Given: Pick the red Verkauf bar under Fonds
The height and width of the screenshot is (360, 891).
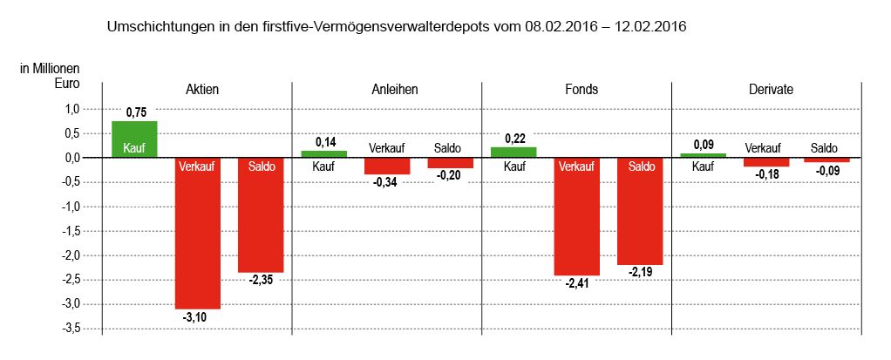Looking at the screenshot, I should [576, 217].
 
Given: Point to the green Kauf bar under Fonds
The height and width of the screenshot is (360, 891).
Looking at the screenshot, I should [514, 153].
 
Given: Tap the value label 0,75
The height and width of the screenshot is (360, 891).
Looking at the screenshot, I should [136, 112].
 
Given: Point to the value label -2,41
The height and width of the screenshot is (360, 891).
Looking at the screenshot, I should [576, 283].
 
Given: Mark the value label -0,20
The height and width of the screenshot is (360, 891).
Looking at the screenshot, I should [450, 176].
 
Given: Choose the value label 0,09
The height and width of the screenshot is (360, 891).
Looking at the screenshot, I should [704, 145].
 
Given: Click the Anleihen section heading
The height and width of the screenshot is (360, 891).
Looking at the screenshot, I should [387, 90].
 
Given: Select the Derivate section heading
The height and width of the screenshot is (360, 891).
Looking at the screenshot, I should [766, 90].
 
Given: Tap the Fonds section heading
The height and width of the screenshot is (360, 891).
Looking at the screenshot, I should [576, 90].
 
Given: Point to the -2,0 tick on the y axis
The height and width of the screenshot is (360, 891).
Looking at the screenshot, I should [69, 255].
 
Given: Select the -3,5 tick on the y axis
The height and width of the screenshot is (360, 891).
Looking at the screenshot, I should [69, 329].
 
